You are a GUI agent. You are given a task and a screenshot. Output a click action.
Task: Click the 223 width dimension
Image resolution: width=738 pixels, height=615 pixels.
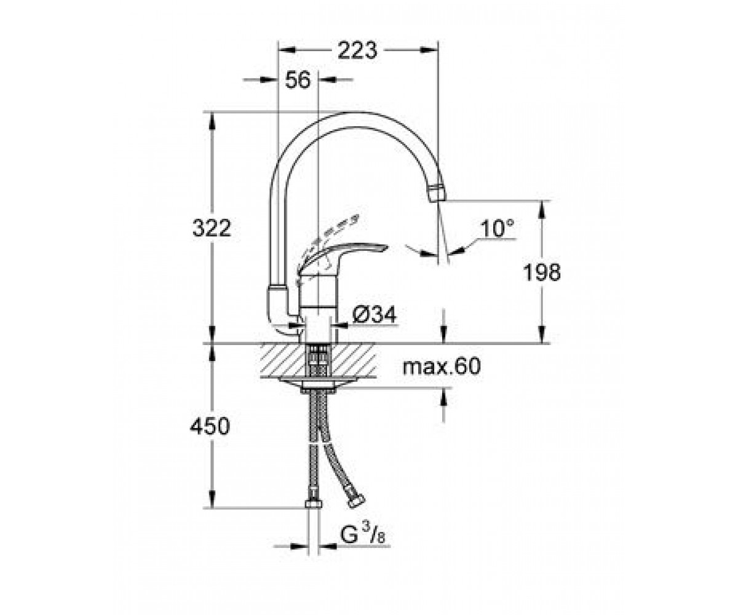click(357, 50)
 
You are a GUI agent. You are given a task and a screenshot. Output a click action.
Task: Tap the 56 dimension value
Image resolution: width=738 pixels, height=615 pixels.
click(298, 79)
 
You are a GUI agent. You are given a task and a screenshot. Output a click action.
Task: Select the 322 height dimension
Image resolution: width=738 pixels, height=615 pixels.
click(212, 228)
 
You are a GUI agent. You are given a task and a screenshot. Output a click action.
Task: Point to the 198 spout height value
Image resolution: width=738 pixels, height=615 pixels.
click(541, 272)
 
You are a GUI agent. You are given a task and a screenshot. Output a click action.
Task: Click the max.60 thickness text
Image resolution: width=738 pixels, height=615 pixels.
click(442, 367)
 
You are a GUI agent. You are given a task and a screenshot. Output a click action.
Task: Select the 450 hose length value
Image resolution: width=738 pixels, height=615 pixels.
click(210, 426)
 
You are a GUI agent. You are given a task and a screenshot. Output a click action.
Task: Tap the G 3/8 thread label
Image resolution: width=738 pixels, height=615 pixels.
click(362, 536)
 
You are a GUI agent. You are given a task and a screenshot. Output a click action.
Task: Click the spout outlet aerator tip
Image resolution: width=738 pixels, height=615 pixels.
click(437, 192)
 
